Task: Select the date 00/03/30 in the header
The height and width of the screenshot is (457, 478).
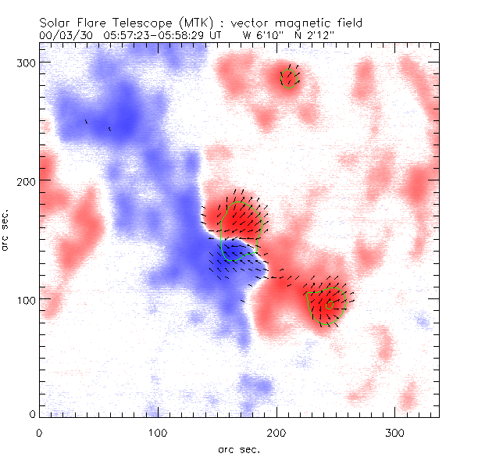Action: [60, 36]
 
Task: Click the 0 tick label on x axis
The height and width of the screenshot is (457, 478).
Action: [39, 431]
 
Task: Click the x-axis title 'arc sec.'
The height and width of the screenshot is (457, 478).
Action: [238, 448]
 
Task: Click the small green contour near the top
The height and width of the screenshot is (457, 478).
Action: [289, 78]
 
